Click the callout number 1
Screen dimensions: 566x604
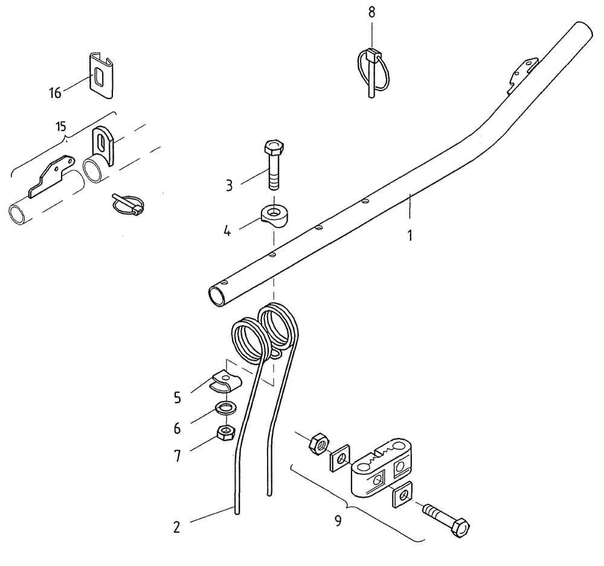pos(410,234)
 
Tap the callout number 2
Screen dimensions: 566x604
pos(176,527)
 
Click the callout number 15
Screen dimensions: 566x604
pos(60,127)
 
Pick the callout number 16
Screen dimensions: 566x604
pos(56,93)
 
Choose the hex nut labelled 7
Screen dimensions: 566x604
pos(226,433)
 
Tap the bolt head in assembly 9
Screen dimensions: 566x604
pos(461,528)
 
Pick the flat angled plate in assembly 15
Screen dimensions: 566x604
pos(52,176)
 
